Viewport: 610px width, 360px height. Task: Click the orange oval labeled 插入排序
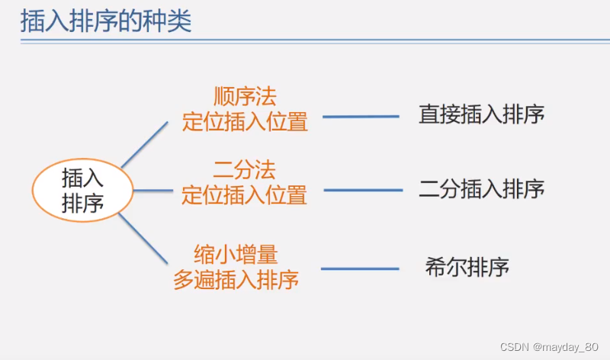82,191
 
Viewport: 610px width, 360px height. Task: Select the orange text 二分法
244,169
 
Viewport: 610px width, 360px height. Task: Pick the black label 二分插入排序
481,188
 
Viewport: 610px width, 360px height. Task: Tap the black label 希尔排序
467,268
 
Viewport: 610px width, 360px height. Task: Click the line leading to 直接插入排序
361,117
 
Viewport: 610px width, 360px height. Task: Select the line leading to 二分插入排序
363,190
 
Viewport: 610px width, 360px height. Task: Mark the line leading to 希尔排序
360,268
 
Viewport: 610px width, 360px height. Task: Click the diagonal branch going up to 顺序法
144,143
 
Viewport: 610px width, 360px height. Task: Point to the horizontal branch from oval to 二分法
153,190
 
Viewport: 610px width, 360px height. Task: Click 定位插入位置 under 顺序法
245,121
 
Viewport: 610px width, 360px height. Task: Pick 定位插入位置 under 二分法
244,195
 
